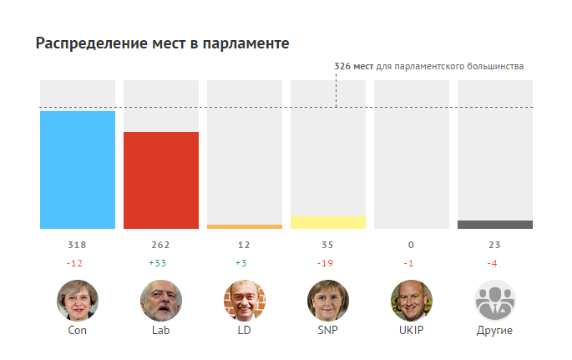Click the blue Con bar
pyautogui.click(x=78, y=170)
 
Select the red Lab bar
pyautogui.click(x=161, y=180)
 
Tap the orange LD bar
pyautogui.click(x=245, y=226)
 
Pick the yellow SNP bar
pyautogui.click(x=328, y=222)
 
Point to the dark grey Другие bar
pyautogui.click(x=495, y=225)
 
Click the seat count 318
pyautogui.click(x=77, y=245)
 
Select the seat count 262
pyautogui.click(x=160, y=245)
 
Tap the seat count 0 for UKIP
pyautogui.click(x=412, y=245)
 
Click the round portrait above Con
pyautogui.click(x=78, y=301)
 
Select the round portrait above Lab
pyautogui.click(x=161, y=301)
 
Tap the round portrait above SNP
pyautogui.click(x=328, y=301)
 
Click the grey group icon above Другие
pyautogui.click(x=495, y=301)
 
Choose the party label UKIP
pyautogui.click(x=412, y=330)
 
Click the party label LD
pyautogui.click(x=245, y=330)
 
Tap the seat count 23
pyautogui.click(x=494, y=245)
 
